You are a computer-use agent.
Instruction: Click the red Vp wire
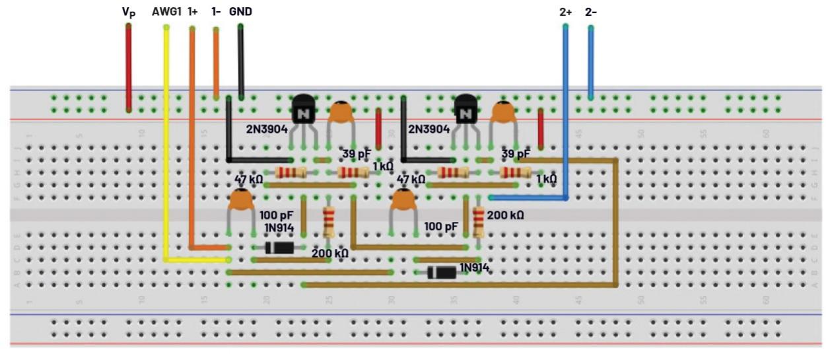tap(129, 66)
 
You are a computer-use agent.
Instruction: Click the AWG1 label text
tap(166, 12)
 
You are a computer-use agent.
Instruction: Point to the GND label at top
tap(240, 12)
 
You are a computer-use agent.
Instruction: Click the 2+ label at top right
tap(565, 12)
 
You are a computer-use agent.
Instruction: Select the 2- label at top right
tap(590, 12)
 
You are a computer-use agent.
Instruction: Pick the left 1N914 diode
tap(279, 248)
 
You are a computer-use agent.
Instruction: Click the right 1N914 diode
tap(442, 272)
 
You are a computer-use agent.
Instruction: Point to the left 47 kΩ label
tap(249, 179)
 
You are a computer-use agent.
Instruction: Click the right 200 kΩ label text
tap(505, 215)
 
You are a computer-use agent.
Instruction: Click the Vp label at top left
tap(129, 12)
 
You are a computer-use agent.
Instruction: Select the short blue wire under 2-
tap(590, 63)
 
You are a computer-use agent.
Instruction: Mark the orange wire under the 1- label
tap(216, 63)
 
